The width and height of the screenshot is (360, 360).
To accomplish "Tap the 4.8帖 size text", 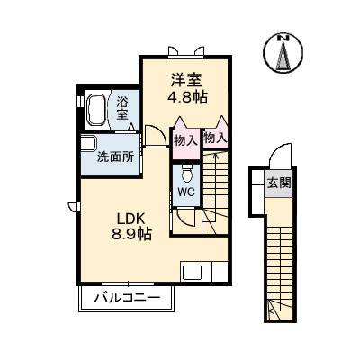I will (x=186, y=95).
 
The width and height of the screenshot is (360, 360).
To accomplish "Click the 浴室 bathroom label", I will (x=122, y=108).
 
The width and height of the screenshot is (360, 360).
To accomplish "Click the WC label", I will (x=185, y=193).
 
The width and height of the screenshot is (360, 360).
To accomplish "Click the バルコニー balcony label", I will (x=128, y=297).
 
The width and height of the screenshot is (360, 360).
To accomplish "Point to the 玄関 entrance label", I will (x=279, y=183).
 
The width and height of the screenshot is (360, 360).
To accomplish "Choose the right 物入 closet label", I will (x=216, y=138).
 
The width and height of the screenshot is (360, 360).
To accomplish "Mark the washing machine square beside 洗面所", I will (x=88, y=144).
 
